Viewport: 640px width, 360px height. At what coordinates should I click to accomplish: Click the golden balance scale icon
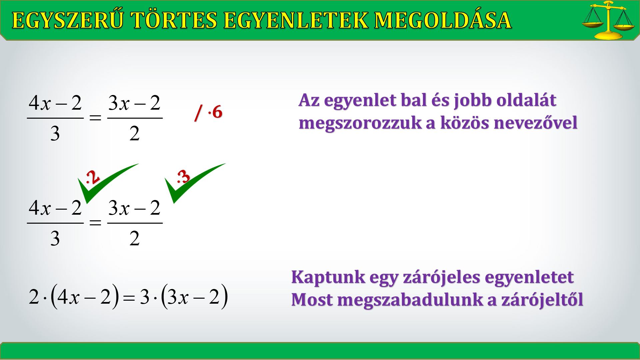pos(608,21)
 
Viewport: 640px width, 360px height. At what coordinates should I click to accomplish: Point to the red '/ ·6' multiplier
pos(208,113)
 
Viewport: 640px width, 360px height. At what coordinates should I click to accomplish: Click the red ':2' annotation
pos(93,177)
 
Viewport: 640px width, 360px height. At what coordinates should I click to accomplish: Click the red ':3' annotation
pos(183,177)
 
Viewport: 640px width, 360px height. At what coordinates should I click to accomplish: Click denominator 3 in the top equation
pos(55,134)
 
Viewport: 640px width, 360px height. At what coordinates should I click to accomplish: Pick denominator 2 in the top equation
pos(134,134)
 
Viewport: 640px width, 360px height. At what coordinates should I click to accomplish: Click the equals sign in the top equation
pos(95,118)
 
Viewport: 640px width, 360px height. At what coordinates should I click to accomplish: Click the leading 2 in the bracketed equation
pos(34,297)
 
